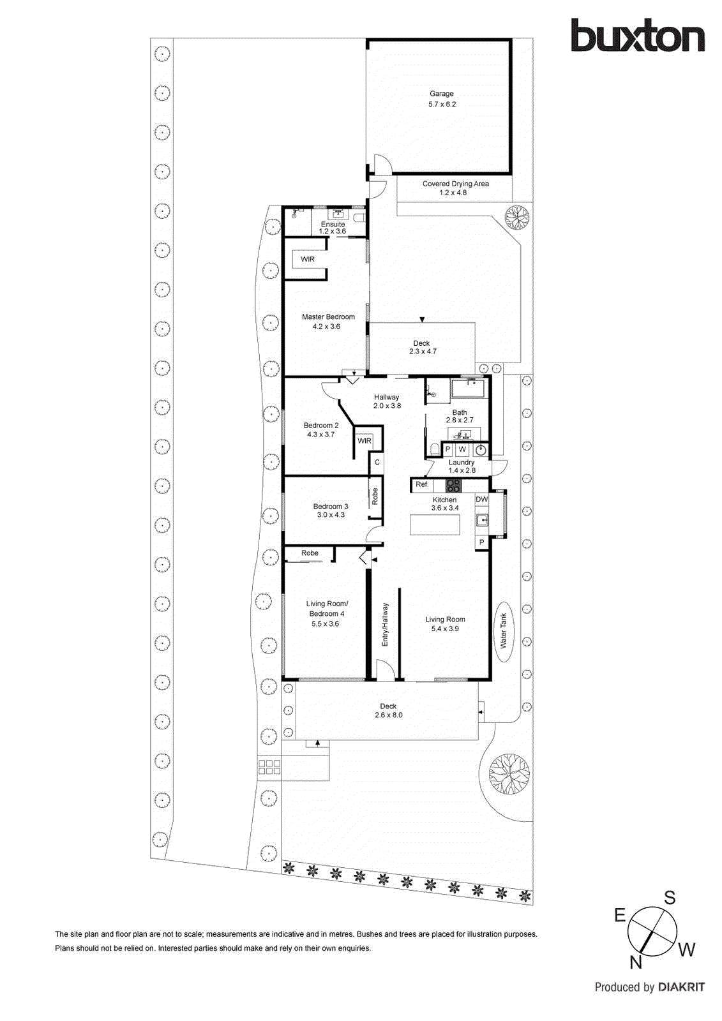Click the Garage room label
[x=441, y=94]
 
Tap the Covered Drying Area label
[x=455, y=184]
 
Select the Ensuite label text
[x=333, y=225]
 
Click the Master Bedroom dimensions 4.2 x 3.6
[x=326, y=327]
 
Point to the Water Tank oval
[x=503, y=632]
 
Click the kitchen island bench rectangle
[x=434, y=525]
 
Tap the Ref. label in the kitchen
[x=422, y=485]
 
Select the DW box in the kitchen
[x=481, y=500]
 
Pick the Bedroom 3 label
[x=331, y=507]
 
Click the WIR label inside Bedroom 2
[x=365, y=441]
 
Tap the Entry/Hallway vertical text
[x=385, y=625]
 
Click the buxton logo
[x=637, y=36]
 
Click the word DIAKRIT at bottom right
[x=681, y=987]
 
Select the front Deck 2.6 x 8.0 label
[x=388, y=711]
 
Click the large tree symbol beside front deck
[x=509, y=773]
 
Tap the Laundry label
[x=461, y=463]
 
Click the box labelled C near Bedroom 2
[x=377, y=463]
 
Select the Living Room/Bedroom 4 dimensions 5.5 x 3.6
[x=325, y=624]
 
